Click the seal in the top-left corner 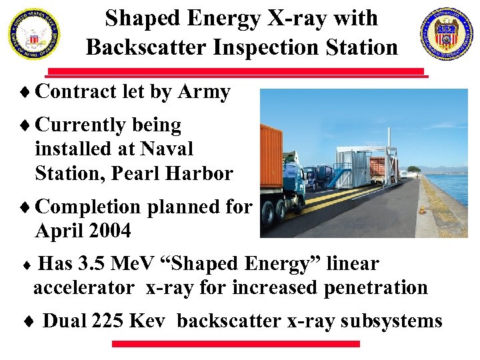coord(33,34)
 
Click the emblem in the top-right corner coord(446,34)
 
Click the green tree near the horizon coord(413,169)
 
